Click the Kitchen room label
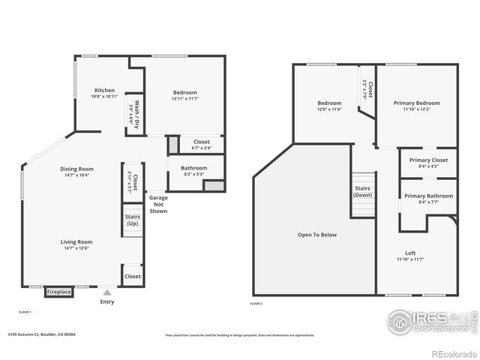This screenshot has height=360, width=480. click(104, 91)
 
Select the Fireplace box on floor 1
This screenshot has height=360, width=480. click(58, 292)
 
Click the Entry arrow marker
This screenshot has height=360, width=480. click(107, 293)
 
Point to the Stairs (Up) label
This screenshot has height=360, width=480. click(132, 220)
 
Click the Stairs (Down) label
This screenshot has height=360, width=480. click(363, 192)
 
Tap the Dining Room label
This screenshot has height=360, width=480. click(76, 169)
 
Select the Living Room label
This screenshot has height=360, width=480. click(76, 241)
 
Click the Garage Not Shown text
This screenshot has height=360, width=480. click(158, 204)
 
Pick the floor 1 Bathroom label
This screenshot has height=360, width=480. click(193, 168)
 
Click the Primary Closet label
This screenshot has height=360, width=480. click(428, 160)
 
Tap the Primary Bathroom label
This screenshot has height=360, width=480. click(427, 196)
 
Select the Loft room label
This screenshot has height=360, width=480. click(410, 253)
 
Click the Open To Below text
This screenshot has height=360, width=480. click(317, 235)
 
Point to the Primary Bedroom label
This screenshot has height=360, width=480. click(416, 103)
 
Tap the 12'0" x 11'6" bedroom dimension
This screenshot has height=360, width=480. click(329, 109)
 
